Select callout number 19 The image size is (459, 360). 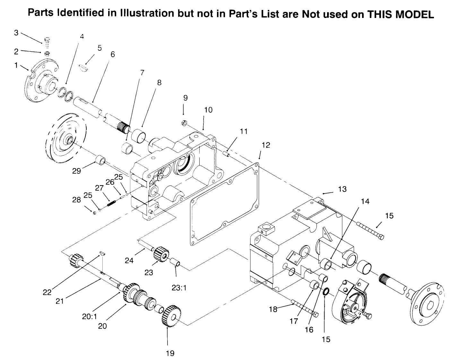(x=170, y=353)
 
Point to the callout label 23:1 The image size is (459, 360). (x=179, y=288)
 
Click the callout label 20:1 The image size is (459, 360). (x=89, y=316)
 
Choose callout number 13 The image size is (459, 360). (x=342, y=189)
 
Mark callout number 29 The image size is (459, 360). (x=76, y=171)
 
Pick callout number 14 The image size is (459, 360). (x=365, y=201)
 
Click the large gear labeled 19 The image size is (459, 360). (x=171, y=316)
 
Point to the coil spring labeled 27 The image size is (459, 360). (x=111, y=203)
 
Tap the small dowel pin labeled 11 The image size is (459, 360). (x=227, y=154)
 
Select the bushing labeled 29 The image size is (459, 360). (x=100, y=159)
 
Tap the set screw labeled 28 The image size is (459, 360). (x=94, y=213)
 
